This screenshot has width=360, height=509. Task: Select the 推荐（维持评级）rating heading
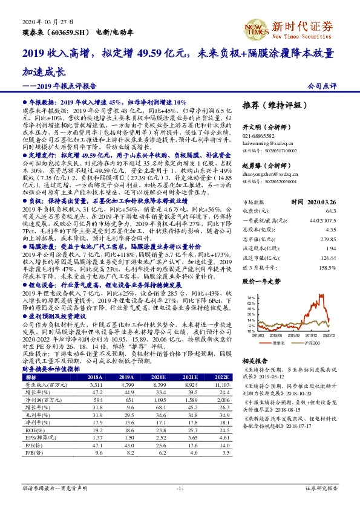pos(274,105)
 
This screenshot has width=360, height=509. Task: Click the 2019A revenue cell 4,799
pos(127,384)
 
